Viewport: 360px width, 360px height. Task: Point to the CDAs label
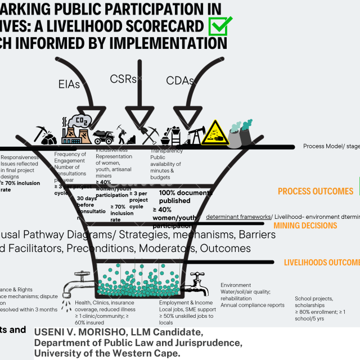point(180,80)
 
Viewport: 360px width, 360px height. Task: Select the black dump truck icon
point(105,137)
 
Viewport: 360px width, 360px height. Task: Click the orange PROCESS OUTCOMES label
point(316,191)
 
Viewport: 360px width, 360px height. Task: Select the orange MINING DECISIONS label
point(305,226)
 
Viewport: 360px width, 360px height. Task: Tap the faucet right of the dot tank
point(197,279)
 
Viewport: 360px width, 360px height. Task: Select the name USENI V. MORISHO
point(81,332)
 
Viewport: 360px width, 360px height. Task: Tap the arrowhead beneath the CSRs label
point(137,119)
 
